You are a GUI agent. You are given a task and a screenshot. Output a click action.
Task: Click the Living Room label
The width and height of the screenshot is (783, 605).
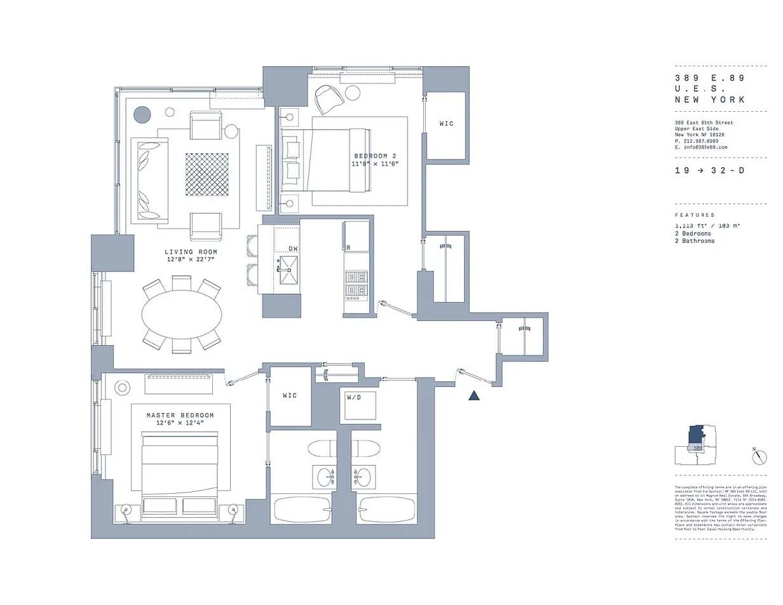(x=191, y=252)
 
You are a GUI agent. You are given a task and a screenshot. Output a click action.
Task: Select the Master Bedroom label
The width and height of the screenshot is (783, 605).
(x=180, y=416)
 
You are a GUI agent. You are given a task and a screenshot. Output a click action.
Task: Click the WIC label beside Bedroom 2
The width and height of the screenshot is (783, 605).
(x=447, y=123)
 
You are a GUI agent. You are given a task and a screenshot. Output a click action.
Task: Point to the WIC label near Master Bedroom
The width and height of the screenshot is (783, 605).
(x=289, y=395)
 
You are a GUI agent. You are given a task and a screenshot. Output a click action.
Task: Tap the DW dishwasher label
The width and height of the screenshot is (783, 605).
(x=293, y=248)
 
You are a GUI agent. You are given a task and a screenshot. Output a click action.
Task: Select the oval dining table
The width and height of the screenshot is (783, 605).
(x=182, y=315)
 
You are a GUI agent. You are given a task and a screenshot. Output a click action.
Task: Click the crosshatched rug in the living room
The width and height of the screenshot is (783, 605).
(x=207, y=174)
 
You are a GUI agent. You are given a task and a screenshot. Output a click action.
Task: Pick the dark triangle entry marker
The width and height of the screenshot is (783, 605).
(x=473, y=395)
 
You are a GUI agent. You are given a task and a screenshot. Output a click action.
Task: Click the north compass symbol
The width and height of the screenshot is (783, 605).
(x=759, y=456)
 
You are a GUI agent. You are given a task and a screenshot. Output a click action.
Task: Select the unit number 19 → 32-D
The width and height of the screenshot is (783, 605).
(x=709, y=171)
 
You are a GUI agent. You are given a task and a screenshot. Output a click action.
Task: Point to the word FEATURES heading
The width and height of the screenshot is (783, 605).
(x=695, y=215)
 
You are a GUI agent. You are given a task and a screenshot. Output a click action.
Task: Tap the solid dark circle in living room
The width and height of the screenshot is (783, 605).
(x=142, y=115)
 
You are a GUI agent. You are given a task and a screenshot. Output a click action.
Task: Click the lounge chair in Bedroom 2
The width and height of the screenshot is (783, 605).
(x=329, y=99)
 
